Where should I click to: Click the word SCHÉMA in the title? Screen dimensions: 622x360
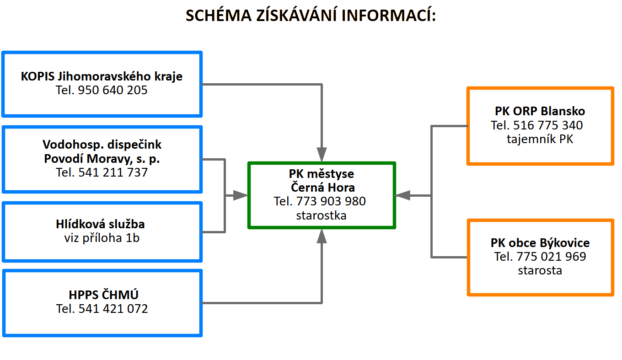click(x=219, y=15)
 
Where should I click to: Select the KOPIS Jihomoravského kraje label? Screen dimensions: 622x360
click(x=102, y=76)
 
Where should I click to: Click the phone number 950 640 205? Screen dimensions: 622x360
click(x=113, y=90)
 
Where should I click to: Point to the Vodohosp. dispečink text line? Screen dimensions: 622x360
click(x=102, y=145)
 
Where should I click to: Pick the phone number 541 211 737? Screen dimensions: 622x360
click(x=113, y=172)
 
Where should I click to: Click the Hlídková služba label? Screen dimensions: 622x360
click(x=100, y=224)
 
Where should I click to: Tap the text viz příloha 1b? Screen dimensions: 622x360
click(x=102, y=238)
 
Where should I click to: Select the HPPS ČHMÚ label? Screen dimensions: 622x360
click(x=103, y=295)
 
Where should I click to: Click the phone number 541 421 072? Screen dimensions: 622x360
click(x=113, y=309)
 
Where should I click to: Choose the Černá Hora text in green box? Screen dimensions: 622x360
click(x=323, y=187)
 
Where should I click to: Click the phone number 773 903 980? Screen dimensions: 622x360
click(x=331, y=201)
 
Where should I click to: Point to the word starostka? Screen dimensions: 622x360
click(x=321, y=215)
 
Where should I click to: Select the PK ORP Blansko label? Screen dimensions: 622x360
click(x=540, y=111)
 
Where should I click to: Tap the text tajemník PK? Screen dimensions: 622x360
click(x=540, y=139)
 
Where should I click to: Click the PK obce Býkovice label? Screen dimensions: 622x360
click(x=540, y=243)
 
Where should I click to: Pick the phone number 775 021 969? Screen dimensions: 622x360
click(x=551, y=256)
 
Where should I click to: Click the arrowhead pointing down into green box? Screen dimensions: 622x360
click(x=322, y=155)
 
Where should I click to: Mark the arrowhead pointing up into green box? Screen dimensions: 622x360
click(x=322, y=236)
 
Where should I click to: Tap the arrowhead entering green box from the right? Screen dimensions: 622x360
click(x=402, y=196)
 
